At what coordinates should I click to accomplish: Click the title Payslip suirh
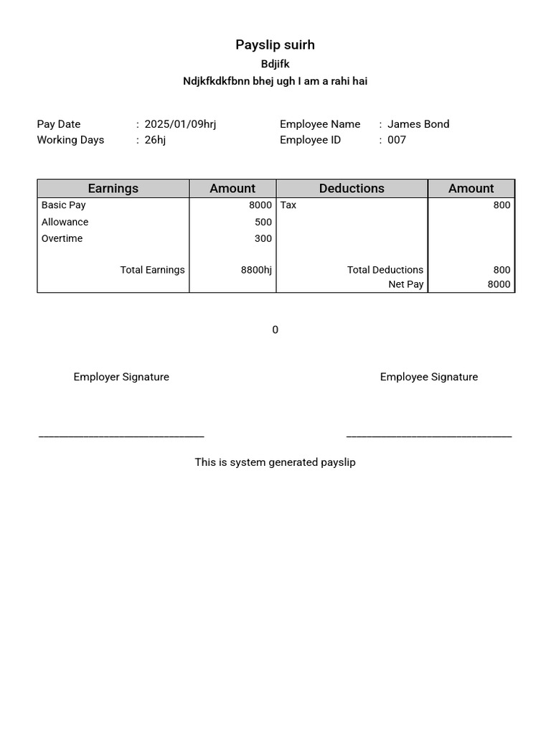[275, 45]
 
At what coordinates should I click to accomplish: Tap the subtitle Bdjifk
[275, 64]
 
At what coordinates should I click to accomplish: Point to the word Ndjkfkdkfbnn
[216, 81]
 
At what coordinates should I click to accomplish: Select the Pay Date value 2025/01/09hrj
[180, 124]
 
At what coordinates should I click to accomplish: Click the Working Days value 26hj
[155, 140]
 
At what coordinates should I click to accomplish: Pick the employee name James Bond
[418, 124]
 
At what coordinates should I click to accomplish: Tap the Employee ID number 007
[397, 140]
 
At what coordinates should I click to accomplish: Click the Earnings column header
[113, 189]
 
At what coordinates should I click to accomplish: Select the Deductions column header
[352, 189]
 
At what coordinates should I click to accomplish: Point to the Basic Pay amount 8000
[260, 205]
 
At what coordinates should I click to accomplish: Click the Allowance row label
[65, 223]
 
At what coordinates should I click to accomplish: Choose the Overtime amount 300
[263, 239]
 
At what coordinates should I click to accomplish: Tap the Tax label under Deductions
[288, 205]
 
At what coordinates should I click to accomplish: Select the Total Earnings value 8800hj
[256, 271]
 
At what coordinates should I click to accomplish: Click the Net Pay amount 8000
[499, 285]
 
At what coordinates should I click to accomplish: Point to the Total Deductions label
[385, 271]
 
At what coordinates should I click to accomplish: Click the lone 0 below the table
[275, 330]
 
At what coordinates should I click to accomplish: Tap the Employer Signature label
[121, 378]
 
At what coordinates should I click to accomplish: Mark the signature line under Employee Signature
[429, 436]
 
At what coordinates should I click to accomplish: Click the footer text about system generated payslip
[275, 463]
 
